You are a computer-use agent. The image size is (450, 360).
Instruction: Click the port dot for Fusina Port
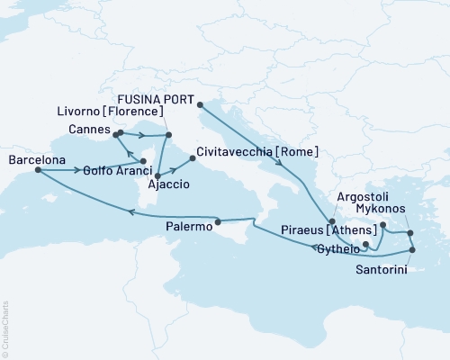198,104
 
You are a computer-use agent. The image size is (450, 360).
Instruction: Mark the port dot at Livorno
168,136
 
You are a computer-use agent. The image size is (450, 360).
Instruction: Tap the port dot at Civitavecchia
193,159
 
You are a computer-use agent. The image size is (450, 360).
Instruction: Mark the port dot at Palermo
218,220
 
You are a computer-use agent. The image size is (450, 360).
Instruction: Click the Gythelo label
337,247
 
